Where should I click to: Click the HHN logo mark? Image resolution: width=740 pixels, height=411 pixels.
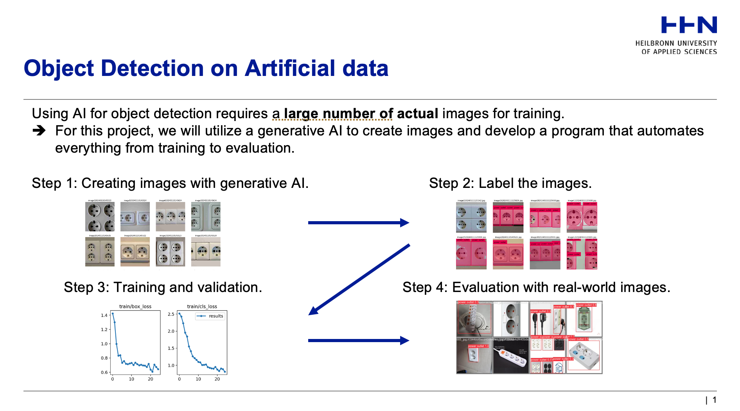tap(689, 25)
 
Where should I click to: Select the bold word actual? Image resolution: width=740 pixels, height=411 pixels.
tap(417, 114)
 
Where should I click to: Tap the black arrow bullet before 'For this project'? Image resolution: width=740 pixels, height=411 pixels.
tap(39, 131)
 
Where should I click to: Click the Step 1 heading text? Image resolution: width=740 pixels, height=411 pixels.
tap(170, 183)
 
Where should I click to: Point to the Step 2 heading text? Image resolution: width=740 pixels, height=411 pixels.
tap(510, 183)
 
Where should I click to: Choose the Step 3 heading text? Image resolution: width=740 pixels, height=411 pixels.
tap(163, 287)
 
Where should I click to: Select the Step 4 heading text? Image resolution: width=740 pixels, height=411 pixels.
tap(536, 287)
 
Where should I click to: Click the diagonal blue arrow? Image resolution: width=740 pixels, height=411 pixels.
tap(359, 279)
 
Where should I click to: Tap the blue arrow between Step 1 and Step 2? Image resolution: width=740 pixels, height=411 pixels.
tap(358, 223)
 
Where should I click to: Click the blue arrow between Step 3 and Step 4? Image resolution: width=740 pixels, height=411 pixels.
tap(358, 341)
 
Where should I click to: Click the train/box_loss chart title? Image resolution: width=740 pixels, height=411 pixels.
tap(135, 306)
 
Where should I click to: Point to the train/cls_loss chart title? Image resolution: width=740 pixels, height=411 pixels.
tap(202, 306)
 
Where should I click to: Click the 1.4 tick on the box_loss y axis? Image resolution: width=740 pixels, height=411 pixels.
tap(104, 315)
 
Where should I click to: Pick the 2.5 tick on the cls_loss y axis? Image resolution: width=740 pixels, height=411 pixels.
tap(171, 314)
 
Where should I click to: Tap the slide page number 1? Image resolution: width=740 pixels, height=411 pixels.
tap(714, 400)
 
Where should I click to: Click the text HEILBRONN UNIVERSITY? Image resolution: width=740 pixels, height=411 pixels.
tap(676, 43)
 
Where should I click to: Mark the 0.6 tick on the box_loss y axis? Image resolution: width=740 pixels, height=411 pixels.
tap(104, 372)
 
